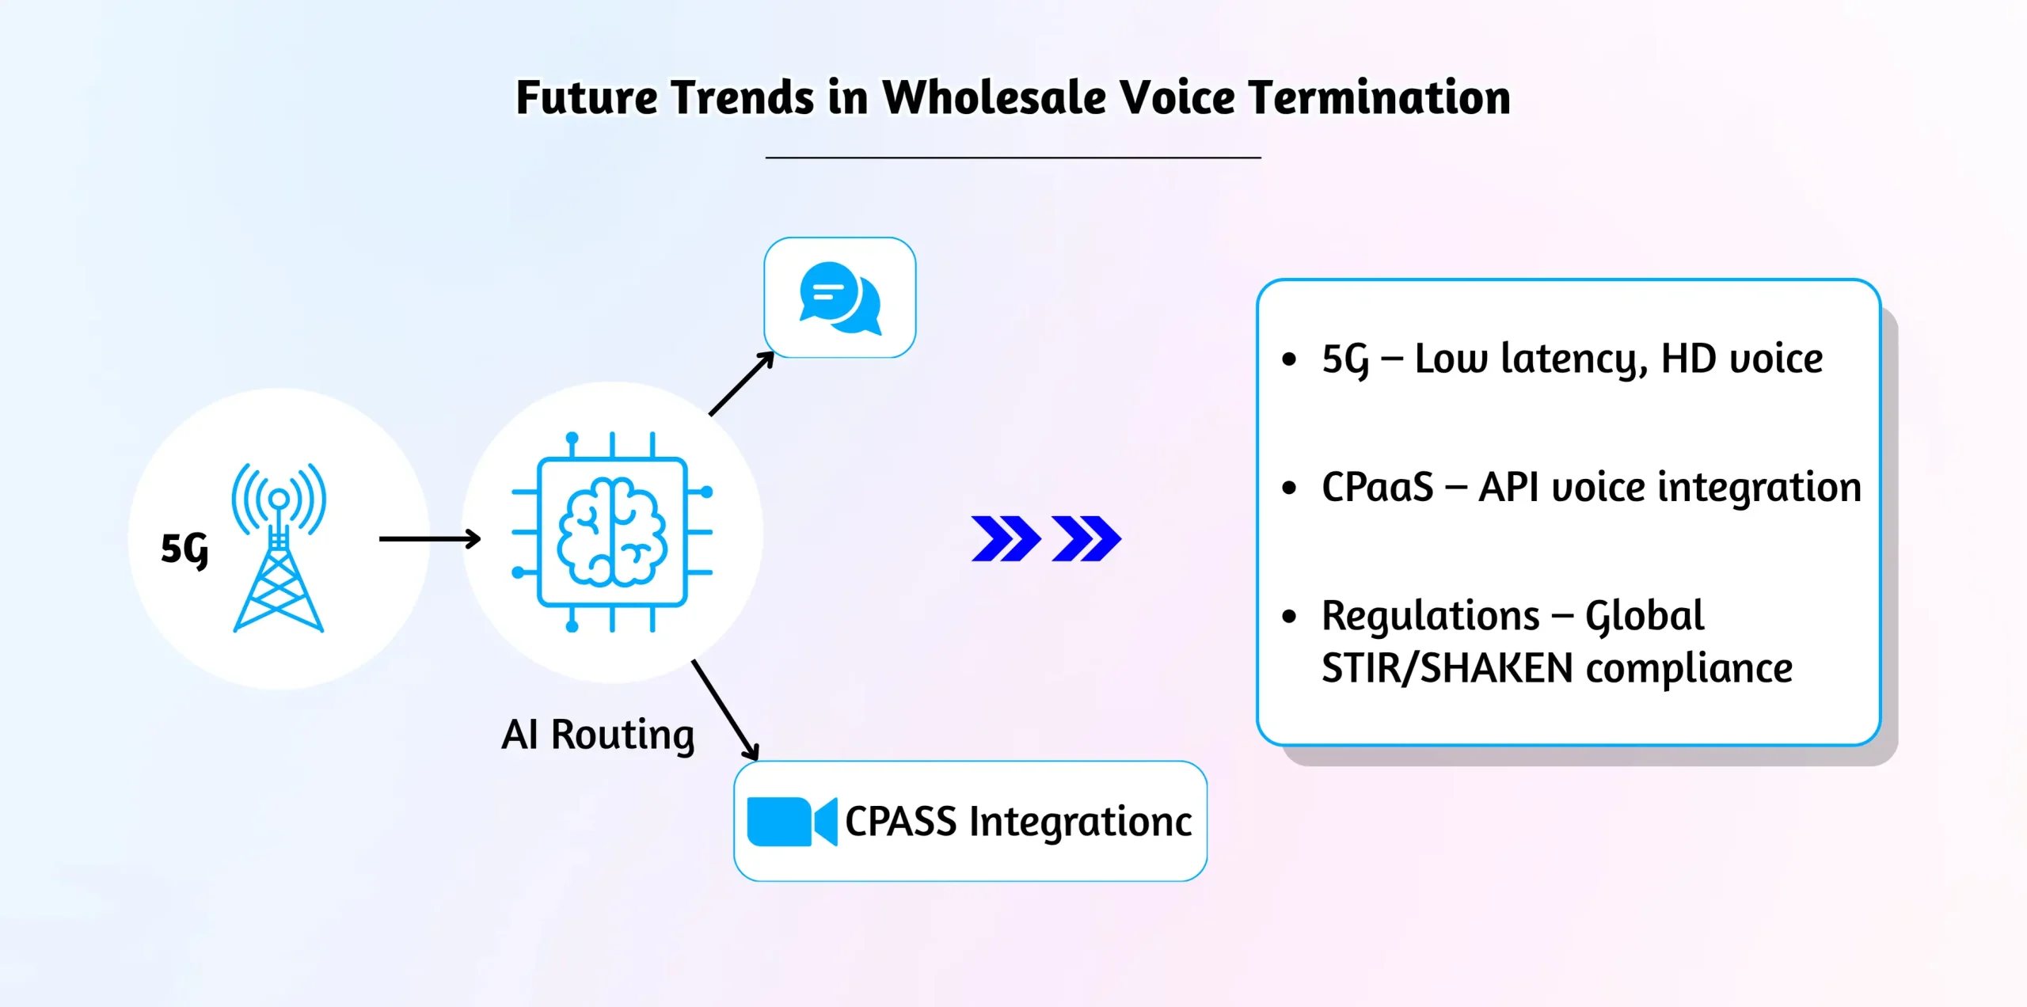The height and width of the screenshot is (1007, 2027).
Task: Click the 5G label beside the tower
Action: (x=184, y=549)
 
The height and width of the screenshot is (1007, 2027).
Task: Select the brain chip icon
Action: (x=612, y=532)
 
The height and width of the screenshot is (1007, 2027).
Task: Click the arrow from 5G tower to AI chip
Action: (x=430, y=539)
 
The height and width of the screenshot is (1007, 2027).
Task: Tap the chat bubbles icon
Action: (x=840, y=298)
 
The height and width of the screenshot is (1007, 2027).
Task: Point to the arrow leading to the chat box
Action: (x=741, y=384)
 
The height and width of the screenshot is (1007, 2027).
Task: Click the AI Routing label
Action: (x=598, y=735)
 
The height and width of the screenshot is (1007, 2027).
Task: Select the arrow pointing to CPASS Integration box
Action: (x=725, y=710)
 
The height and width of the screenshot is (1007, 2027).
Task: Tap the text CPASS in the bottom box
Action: (x=901, y=822)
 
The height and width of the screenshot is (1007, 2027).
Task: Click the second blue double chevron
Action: (x=1086, y=539)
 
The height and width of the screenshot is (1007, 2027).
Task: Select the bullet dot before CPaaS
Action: (x=1289, y=488)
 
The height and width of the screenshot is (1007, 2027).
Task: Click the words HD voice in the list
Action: (x=1741, y=359)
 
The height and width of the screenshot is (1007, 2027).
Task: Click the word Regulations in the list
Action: (x=1430, y=616)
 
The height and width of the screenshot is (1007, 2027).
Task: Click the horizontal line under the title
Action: (x=1013, y=158)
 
